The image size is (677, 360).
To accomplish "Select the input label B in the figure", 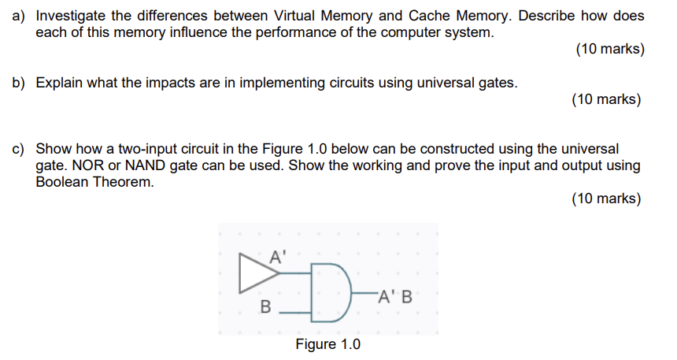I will pos(265,307).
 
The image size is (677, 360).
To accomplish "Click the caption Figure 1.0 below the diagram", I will pos(327,345).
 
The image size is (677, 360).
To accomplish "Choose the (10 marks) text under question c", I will pos(606,199).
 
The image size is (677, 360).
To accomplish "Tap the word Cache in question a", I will pos(431,16).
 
